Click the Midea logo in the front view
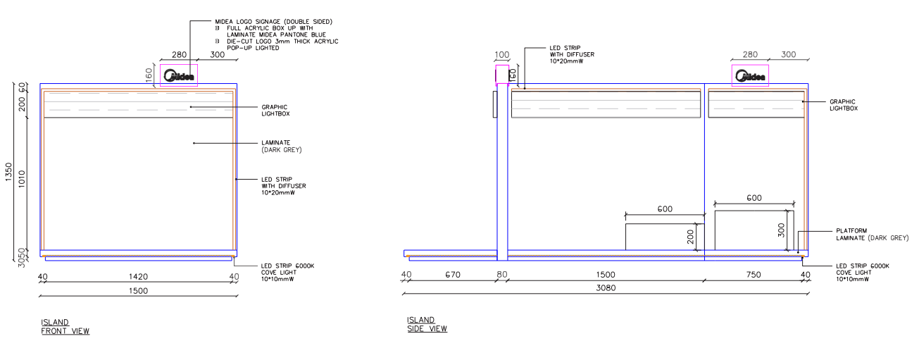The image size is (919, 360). [179, 76]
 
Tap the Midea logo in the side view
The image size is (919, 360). [750, 76]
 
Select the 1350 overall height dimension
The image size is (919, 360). [8, 172]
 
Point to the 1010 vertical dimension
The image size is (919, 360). [22, 179]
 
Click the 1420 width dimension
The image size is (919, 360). [138, 277]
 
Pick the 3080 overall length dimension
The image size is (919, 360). [606, 287]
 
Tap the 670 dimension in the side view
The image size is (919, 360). [453, 275]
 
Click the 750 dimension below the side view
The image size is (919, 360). [754, 275]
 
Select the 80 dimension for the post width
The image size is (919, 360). [502, 275]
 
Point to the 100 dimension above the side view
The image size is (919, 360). [502, 54]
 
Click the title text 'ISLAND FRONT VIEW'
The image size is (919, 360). [65, 327]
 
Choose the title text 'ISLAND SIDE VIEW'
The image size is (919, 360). [427, 324]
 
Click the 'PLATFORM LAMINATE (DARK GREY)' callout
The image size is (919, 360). [873, 235]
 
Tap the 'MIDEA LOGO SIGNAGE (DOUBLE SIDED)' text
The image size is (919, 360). [274, 21]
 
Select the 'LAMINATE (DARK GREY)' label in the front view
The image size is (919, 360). [282, 146]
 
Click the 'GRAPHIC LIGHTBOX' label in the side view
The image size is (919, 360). [844, 105]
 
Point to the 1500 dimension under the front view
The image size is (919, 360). [138, 291]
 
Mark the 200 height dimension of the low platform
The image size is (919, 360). [690, 237]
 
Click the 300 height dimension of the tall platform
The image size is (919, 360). [781, 230]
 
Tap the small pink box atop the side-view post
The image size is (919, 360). [502, 75]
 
